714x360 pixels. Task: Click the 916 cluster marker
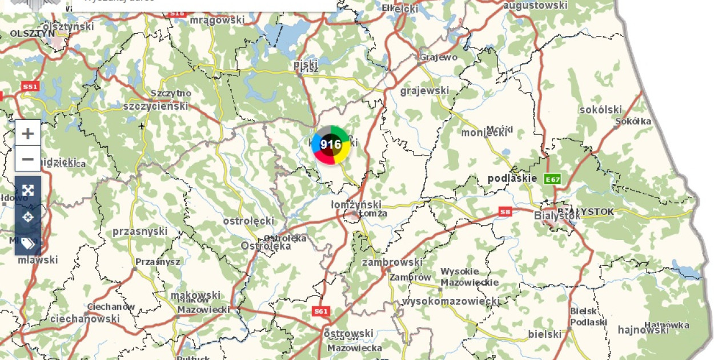pyautogui.click(x=331, y=145)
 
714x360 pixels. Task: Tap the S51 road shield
pyautogui.click(x=30, y=87)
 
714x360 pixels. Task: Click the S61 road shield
pyautogui.click(x=321, y=311)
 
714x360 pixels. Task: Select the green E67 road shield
pyautogui.click(x=552, y=179)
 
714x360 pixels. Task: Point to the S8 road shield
pyautogui.click(x=505, y=211)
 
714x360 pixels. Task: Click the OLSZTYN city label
pyautogui.click(x=32, y=34)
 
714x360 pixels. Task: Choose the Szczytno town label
pyautogui.click(x=171, y=93)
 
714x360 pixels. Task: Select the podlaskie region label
pyautogui.click(x=512, y=178)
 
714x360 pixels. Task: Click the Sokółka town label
pyautogui.click(x=633, y=121)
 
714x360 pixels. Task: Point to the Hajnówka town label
pyautogui.click(x=669, y=325)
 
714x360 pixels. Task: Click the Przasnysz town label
pyautogui.click(x=158, y=262)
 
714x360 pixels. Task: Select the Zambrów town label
pyautogui.click(x=410, y=277)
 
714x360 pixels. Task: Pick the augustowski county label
pyautogui.click(x=535, y=6)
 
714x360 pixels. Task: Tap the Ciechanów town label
pyautogui.click(x=111, y=307)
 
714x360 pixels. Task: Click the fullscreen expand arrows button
pyautogui.click(x=27, y=190)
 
